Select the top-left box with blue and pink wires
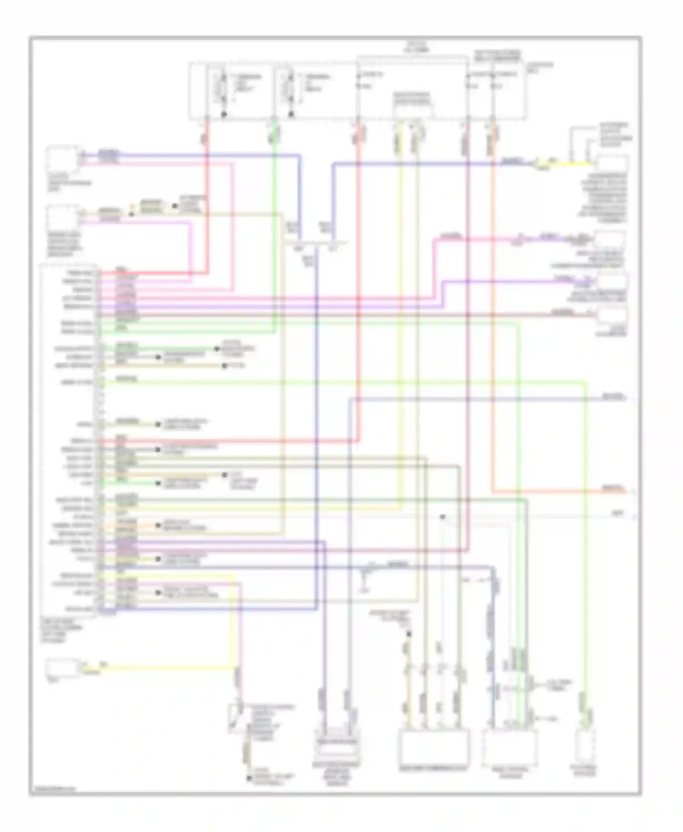62,157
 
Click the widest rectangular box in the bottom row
434,746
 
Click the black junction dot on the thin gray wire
442,517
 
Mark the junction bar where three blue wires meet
316,244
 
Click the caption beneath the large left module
55,630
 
